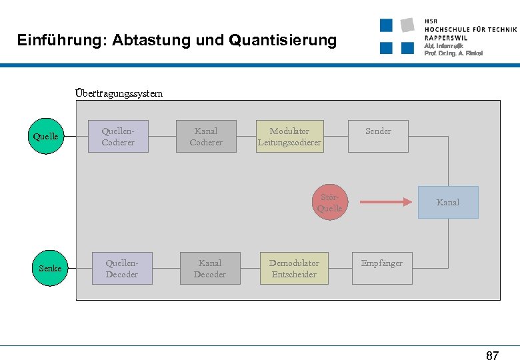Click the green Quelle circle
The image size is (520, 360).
45,137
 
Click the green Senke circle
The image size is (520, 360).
50,269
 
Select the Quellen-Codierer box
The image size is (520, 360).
118,137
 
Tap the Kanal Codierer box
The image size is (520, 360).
206,137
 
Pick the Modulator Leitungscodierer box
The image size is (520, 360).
289,137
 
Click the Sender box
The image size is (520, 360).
378,137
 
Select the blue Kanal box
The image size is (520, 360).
447,202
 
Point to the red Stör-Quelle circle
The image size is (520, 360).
330,202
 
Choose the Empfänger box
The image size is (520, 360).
382,268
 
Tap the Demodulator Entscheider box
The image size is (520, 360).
294,268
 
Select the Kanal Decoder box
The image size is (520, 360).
210,268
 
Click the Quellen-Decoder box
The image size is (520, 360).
122,268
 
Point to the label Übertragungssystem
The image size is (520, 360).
119,93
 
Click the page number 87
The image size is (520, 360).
492,355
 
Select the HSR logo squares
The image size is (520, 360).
397,36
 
